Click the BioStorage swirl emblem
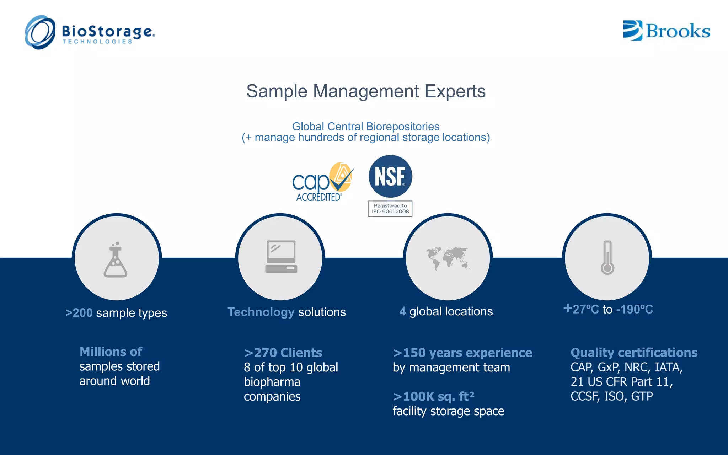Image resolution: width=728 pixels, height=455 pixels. click(40, 32)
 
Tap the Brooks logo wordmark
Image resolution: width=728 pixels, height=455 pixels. click(677, 31)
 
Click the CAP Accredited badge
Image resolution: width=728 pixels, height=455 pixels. click(322, 182)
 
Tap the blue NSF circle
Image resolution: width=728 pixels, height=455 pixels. click(390, 176)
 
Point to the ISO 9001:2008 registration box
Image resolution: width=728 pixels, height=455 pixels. click(390, 209)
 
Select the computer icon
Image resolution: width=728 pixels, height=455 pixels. click(281, 257)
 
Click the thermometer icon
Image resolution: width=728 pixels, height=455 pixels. click(607, 258)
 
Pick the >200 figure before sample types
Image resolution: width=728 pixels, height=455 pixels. click(79, 313)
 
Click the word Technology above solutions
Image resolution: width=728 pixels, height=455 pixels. click(261, 312)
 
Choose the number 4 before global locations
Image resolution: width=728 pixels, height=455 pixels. click(402, 311)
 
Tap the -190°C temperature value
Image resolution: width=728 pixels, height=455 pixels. click(635, 309)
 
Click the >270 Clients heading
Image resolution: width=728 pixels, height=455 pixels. click(283, 353)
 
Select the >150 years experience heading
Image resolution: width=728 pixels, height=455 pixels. click(462, 353)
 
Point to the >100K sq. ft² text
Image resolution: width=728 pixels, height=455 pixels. click(433, 396)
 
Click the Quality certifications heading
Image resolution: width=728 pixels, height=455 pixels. click(633, 352)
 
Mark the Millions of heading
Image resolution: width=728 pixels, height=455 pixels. click(111, 352)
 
